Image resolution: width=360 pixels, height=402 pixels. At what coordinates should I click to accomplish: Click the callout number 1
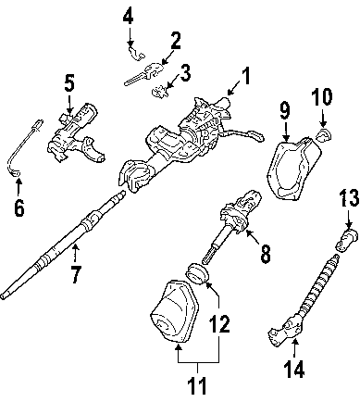245,76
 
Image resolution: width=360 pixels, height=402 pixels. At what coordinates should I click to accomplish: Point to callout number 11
196,385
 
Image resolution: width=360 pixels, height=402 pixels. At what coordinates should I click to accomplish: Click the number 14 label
293,369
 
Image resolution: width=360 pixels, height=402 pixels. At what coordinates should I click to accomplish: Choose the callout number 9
285,110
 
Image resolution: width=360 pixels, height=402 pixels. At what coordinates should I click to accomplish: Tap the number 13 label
349,197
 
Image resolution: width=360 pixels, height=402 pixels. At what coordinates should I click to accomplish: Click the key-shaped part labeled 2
143,73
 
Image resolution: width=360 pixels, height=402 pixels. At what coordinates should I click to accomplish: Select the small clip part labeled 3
158,91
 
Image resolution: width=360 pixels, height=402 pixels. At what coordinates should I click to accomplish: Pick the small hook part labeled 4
137,54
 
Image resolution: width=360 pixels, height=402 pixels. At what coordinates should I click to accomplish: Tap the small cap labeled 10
324,135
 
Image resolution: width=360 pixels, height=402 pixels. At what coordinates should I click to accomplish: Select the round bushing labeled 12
197,274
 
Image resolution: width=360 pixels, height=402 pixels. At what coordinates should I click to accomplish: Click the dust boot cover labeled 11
174,312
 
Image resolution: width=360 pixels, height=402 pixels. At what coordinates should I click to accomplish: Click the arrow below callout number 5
70,104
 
